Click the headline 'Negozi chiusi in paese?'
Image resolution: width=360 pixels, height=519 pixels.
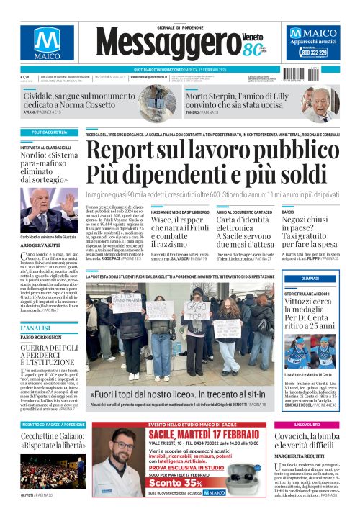coord(309,230)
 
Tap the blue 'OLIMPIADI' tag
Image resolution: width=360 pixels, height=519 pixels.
coord(310,279)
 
